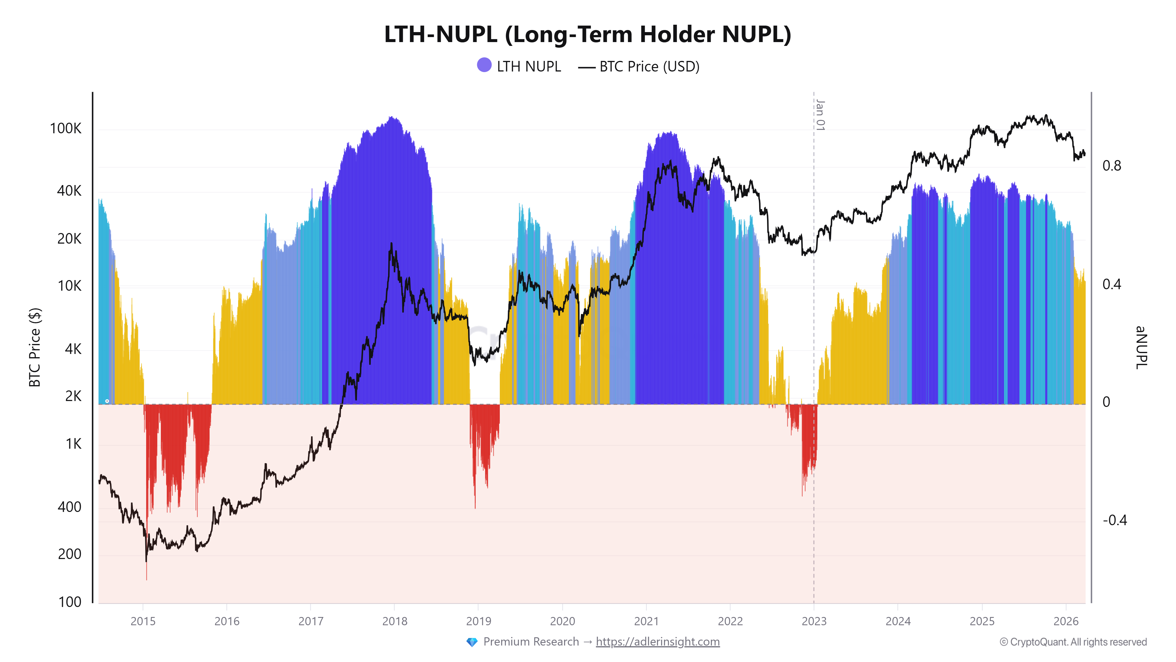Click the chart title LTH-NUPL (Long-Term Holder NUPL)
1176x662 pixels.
coord(587,34)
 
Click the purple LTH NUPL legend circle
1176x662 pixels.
coord(484,65)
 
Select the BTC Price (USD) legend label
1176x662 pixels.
coord(649,67)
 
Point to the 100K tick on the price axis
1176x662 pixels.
coord(66,128)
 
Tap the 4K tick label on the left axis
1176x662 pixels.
coord(73,349)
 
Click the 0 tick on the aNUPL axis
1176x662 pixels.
coord(1106,402)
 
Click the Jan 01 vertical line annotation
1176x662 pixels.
coord(820,115)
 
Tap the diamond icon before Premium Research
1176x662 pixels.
coord(472,642)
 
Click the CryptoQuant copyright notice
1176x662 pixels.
coord(1073,642)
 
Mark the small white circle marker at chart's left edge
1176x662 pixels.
coord(107,401)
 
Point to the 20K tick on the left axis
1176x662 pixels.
coord(69,239)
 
